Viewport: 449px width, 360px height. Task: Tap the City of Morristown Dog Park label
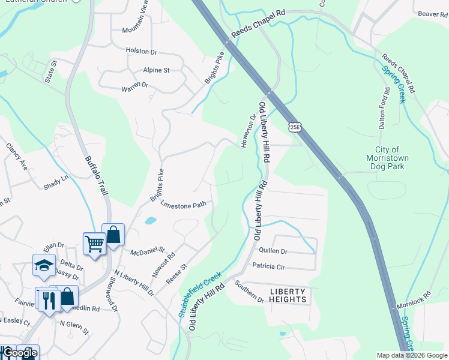click(x=388, y=158)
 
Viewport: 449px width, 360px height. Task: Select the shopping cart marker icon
click(x=94, y=244)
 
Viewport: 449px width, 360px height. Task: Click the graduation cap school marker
click(x=44, y=265)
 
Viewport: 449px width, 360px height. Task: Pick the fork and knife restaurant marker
click(x=48, y=299)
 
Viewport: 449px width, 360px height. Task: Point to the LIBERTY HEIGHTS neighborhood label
click(x=288, y=295)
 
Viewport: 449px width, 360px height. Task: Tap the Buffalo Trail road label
click(x=96, y=175)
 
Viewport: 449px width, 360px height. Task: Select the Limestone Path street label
click(x=183, y=205)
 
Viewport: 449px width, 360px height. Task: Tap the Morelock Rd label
click(x=414, y=300)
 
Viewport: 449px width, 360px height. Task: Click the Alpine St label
click(x=156, y=70)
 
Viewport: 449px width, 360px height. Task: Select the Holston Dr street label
click(x=142, y=51)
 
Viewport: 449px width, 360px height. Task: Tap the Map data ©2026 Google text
click(x=411, y=355)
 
